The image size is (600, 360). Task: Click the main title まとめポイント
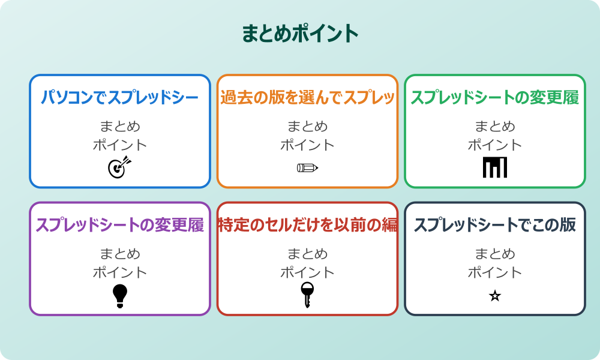pos(300,34)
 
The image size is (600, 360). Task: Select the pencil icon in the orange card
pos(307,167)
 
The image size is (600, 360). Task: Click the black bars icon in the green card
pos(495,167)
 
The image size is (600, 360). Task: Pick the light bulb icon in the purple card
pos(120,295)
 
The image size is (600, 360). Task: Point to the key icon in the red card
pos(307,295)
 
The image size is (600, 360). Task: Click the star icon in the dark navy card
pos(495,295)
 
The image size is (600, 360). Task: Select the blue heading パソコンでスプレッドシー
pos(120,97)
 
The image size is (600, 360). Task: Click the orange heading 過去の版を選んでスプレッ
pos(307,97)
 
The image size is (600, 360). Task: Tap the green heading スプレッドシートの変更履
pos(495,97)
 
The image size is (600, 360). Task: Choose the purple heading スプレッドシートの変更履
pos(120,225)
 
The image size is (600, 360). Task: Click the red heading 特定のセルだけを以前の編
pos(307,225)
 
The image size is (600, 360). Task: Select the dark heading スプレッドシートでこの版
pos(495,225)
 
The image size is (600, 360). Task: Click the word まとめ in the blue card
pos(120,127)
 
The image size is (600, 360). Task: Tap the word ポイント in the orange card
pos(307,145)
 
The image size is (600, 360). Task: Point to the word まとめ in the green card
pos(495,127)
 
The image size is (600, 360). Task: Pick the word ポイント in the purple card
pos(120,272)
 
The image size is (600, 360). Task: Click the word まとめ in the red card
pos(307,254)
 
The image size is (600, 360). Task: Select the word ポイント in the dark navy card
pos(495,272)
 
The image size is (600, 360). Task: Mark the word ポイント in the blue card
pos(120,145)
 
